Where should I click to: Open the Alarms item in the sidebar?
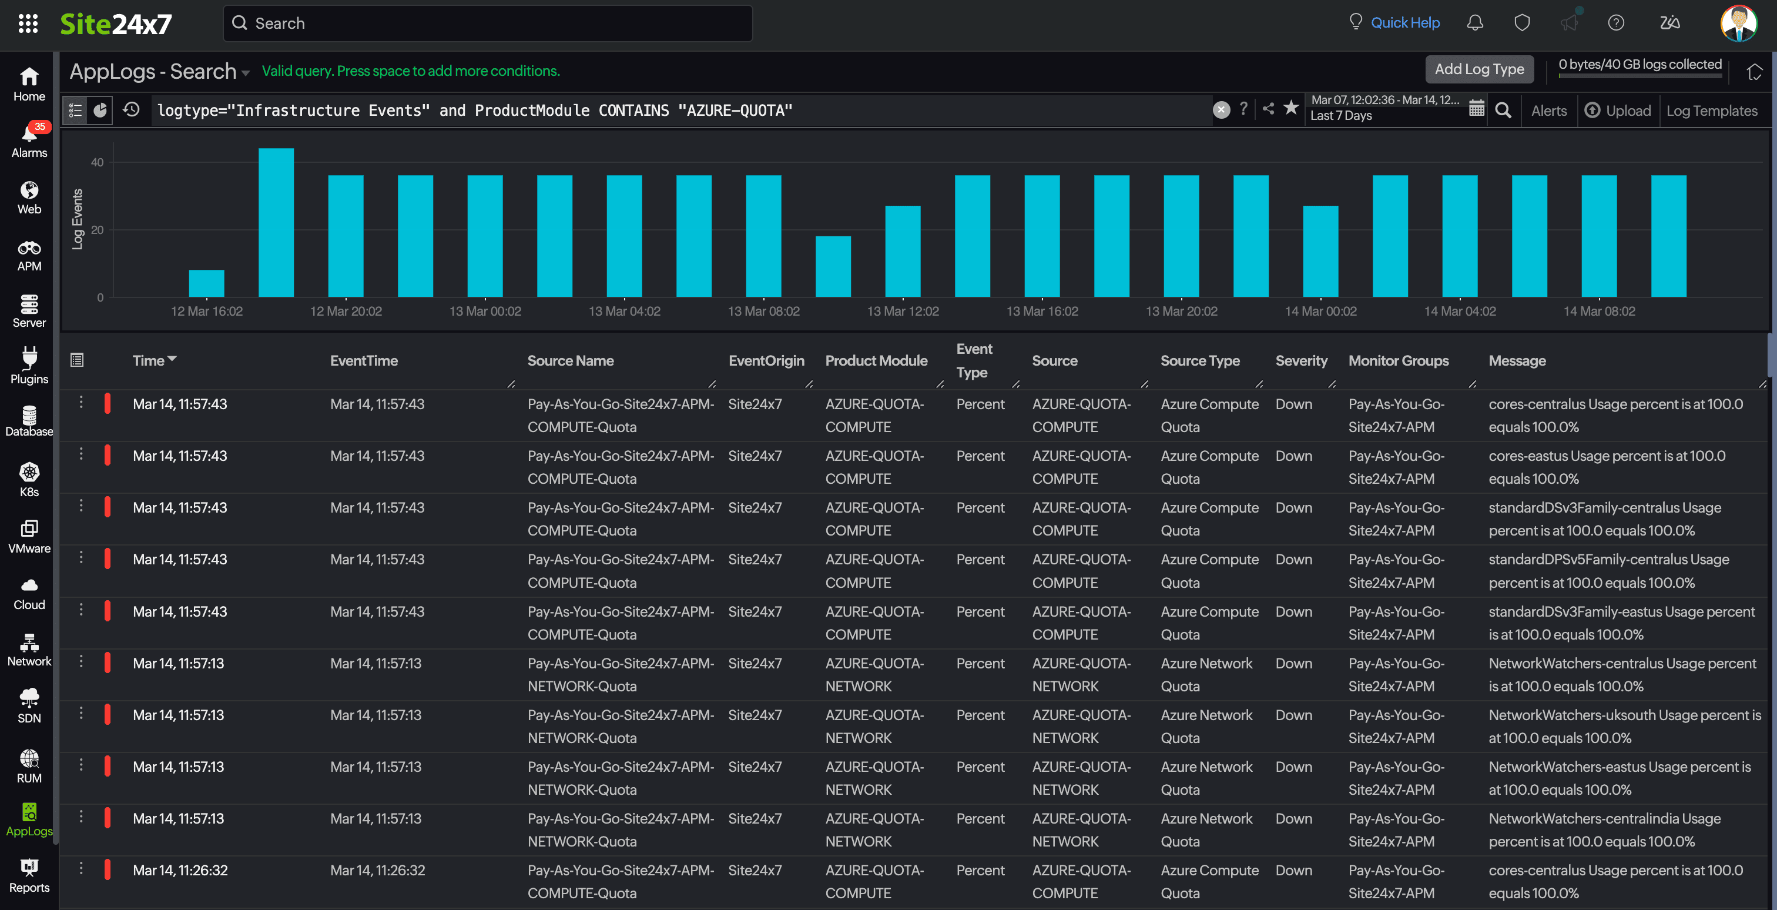point(29,140)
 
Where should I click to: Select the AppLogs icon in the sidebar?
point(29,819)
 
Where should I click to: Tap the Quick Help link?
point(1404,23)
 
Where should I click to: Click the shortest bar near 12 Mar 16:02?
point(206,283)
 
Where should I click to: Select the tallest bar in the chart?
point(276,222)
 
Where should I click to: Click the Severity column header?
point(1300,360)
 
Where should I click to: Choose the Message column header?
point(1516,360)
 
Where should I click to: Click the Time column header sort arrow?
point(172,359)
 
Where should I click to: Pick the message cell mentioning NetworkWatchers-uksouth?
point(1623,726)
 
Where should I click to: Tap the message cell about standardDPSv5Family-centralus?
point(1607,571)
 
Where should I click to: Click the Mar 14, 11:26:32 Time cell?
point(180,870)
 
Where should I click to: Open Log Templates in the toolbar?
point(1711,111)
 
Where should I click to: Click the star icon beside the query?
point(1290,108)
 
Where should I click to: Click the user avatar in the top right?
point(1738,24)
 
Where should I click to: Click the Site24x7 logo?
point(116,24)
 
